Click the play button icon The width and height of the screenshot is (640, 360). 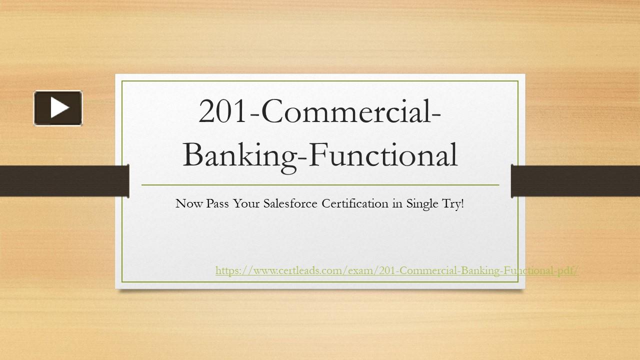(58, 108)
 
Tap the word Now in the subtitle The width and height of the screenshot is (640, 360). (186, 203)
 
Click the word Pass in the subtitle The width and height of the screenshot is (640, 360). (212, 203)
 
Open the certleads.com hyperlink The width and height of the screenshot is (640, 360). (397, 270)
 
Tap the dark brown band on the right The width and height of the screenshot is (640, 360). (575, 180)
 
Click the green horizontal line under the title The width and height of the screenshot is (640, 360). (320, 185)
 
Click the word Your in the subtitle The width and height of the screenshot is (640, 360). (241, 203)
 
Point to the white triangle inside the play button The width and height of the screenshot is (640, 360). (59, 108)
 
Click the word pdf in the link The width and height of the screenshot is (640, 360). (566, 270)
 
